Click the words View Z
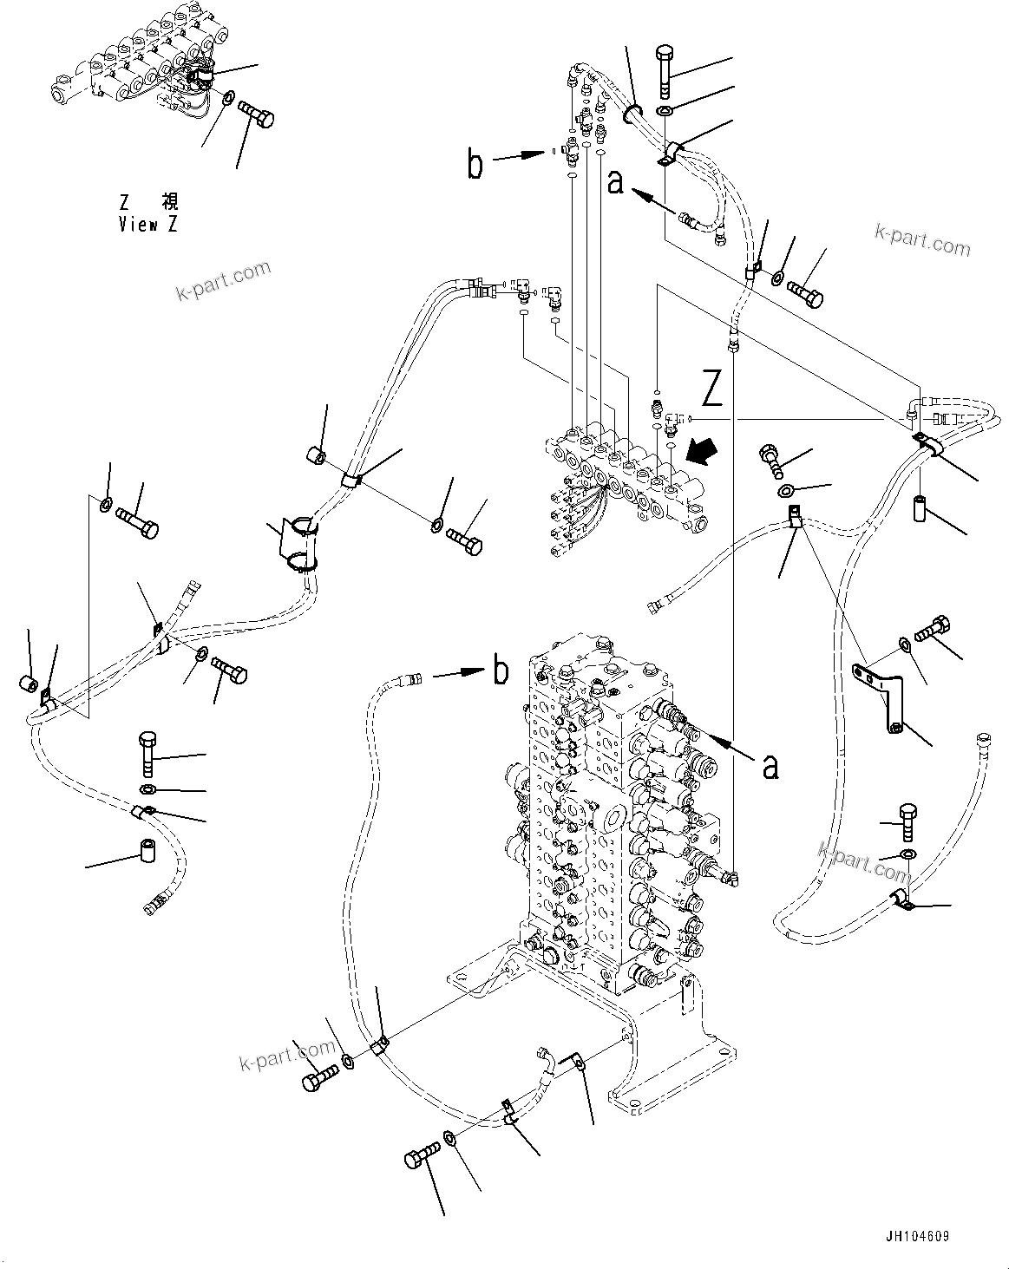pos(148,225)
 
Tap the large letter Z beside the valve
pos(712,389)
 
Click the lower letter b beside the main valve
pos(501,670)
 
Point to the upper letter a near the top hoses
pos(616,182)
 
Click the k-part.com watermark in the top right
pos(922,239)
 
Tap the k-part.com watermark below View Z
pos(223,280)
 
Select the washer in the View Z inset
pos(227,98)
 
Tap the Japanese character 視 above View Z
pos(170,204)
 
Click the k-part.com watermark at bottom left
pos(287,1055)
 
